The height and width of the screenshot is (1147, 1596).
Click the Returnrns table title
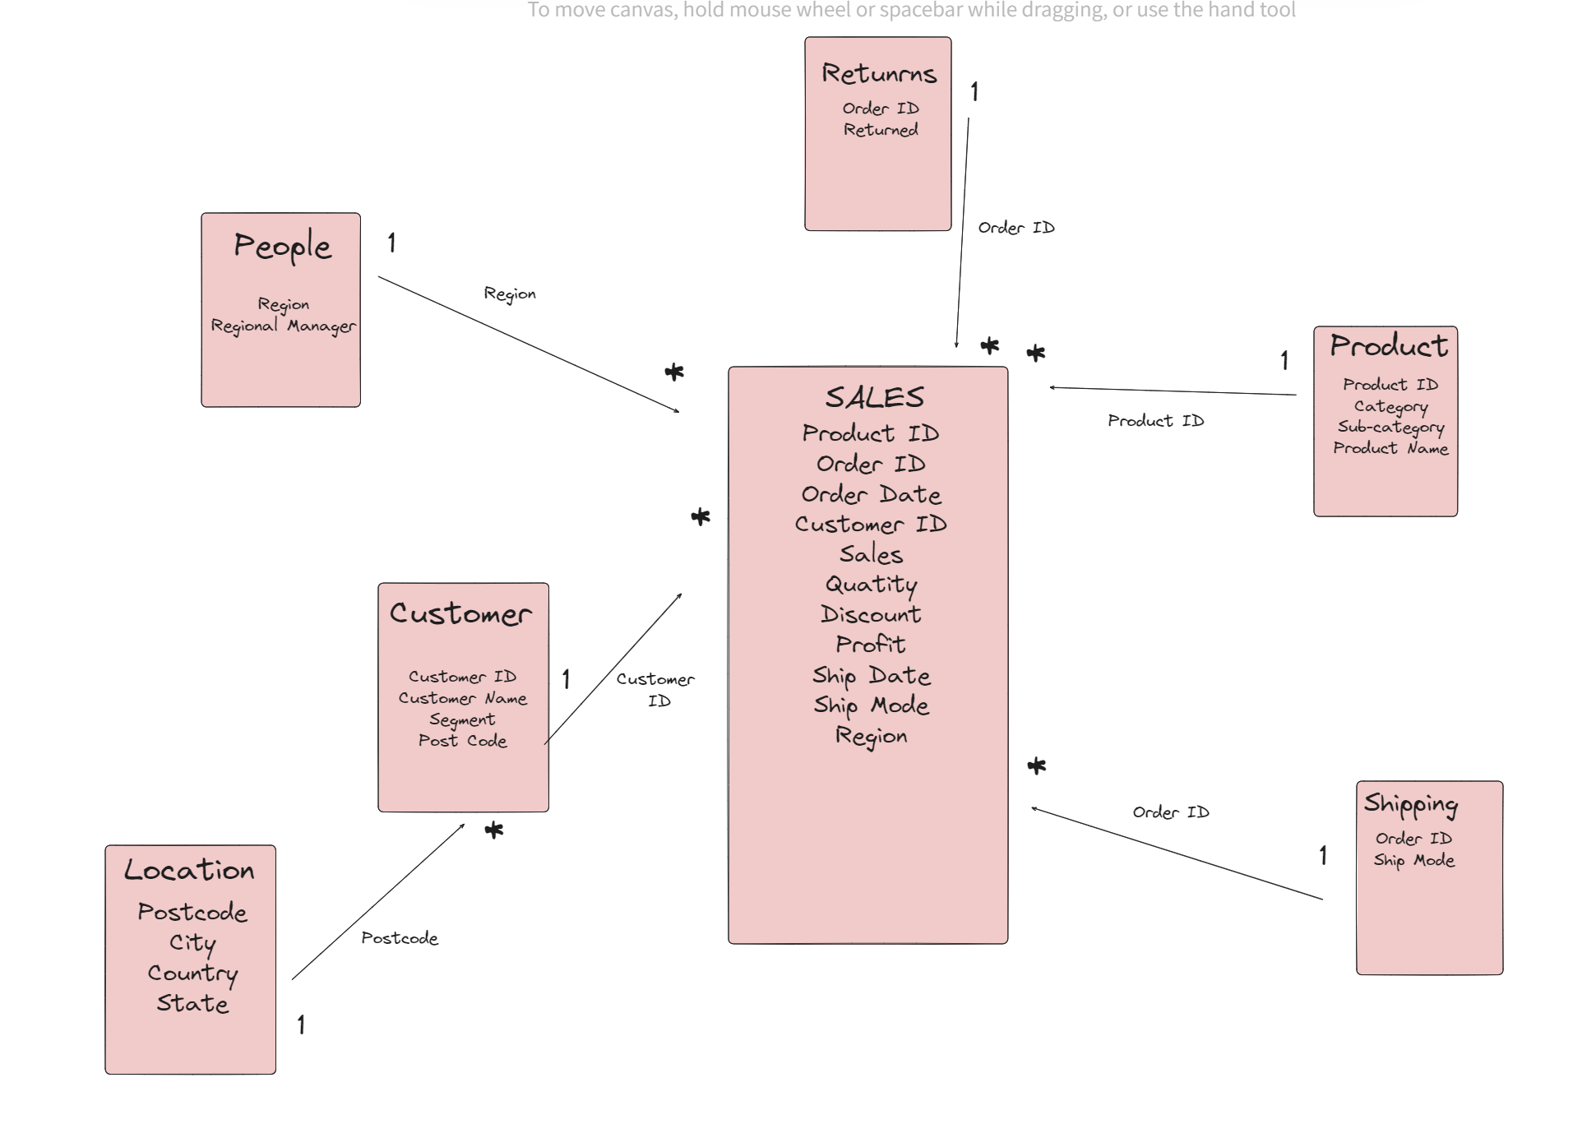coord(878,74)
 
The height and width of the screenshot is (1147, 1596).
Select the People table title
coord(282,246)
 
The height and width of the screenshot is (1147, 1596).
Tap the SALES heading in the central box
coord(874,398)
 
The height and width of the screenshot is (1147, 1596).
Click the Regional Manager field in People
coord(283,326)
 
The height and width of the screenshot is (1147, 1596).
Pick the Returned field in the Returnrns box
coord(880,130)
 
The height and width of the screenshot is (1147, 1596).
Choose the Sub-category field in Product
coord(1390,427)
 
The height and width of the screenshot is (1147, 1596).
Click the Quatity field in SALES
coord(871,585)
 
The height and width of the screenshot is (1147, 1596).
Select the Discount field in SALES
coord(870,615)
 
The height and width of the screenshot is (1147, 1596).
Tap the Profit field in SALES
coord(870,645)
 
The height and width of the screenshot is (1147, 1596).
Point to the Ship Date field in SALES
coord(871,676)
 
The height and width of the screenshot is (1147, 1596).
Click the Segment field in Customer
coord(462,720)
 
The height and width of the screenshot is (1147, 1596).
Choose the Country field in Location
coord(192,974)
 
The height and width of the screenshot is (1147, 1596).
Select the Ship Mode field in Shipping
coord(1413,861)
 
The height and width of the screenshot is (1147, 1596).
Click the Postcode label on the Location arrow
coord(400,938)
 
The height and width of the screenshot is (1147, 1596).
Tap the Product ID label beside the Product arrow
coord(1155,421)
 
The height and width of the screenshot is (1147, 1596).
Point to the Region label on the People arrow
coord(510,294)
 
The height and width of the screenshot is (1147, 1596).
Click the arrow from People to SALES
coord(528,344)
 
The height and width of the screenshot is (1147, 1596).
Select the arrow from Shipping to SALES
coord(1177,854)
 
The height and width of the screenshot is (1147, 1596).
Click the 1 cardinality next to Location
coord(301,1024)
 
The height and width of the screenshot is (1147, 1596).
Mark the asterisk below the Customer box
coord(493,830)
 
